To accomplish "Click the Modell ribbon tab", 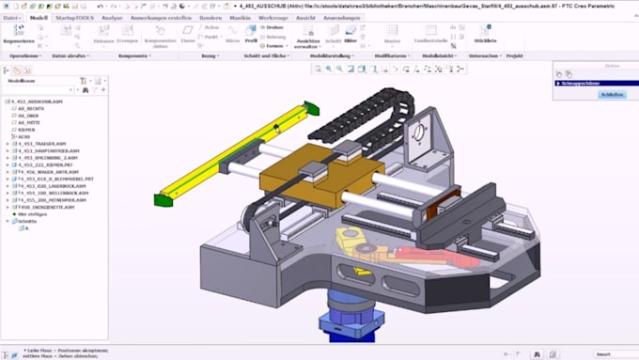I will pos(39,18).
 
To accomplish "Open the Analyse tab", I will pos(111,18).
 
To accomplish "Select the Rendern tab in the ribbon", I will pos(210,18).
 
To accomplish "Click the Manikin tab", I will pos(240,18).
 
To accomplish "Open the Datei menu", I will pos(12,18).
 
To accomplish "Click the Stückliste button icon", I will pos(485,33).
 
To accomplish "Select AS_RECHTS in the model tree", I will pos(30,108).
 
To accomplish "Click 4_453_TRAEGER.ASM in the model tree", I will pos(41,144).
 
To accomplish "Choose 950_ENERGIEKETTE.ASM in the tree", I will pos(43,207).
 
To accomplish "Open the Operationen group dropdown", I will pos(25,55).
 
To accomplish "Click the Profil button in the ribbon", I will pos(251,40).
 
